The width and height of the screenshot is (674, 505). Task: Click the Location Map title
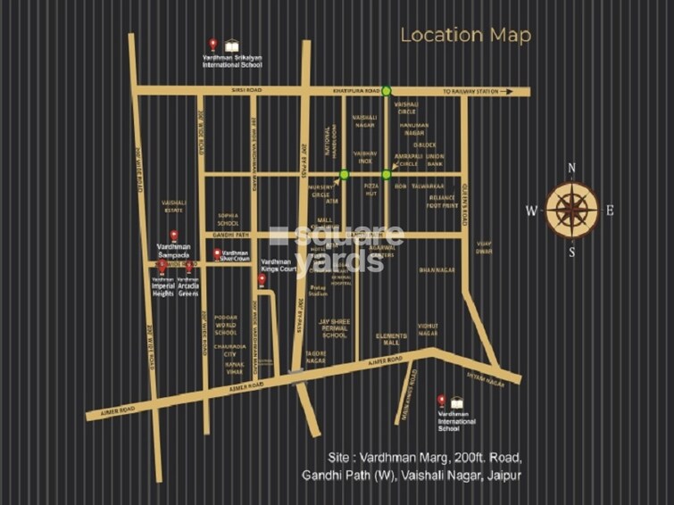click(465, 36)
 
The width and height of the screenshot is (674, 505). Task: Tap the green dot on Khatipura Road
click(387, 90)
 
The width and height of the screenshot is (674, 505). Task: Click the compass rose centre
click(571, 210)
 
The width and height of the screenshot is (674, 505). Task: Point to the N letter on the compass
click(571, 168)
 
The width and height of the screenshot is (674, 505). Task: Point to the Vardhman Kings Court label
click(278, 264)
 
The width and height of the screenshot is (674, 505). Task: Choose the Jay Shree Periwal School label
click(334, 328)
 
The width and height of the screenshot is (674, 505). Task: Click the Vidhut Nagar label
click(428, 330)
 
